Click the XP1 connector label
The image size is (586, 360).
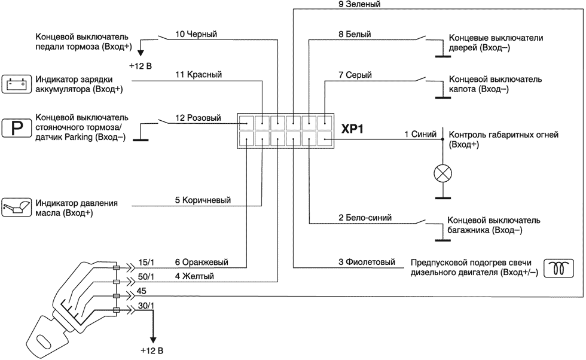(x=352, y=130)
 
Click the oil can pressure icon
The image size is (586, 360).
(x=16, y=207)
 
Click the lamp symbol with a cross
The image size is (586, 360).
(x=442, y=173)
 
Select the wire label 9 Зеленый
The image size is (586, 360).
(x=359, y=4)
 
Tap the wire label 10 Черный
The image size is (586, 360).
(x=196, y=34)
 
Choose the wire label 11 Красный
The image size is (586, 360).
(x=199, y=75)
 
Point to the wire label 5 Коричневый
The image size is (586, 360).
(x=203, y=200)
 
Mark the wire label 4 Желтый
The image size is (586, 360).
(x=194, y=276)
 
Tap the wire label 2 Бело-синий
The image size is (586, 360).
(x=365, y=217)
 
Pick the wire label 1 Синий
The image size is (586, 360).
(x=420, y=135)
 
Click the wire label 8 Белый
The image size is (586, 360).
(x=355, y=34)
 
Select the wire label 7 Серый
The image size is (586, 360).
(x=355, y=75)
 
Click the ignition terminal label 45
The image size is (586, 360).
(x=142, y=291)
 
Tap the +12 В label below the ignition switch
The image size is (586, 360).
(x=152, y=350)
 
